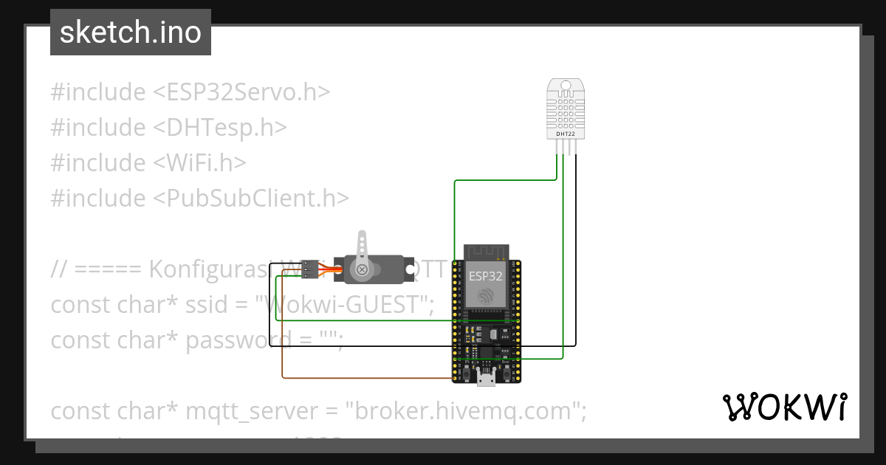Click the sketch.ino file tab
[131, 32]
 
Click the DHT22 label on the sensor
[565, 134]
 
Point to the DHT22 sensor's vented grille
[566, 111]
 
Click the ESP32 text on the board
[486, 277]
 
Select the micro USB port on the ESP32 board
[486, 379]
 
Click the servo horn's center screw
[363, 270]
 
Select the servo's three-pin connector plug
[310, 270]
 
